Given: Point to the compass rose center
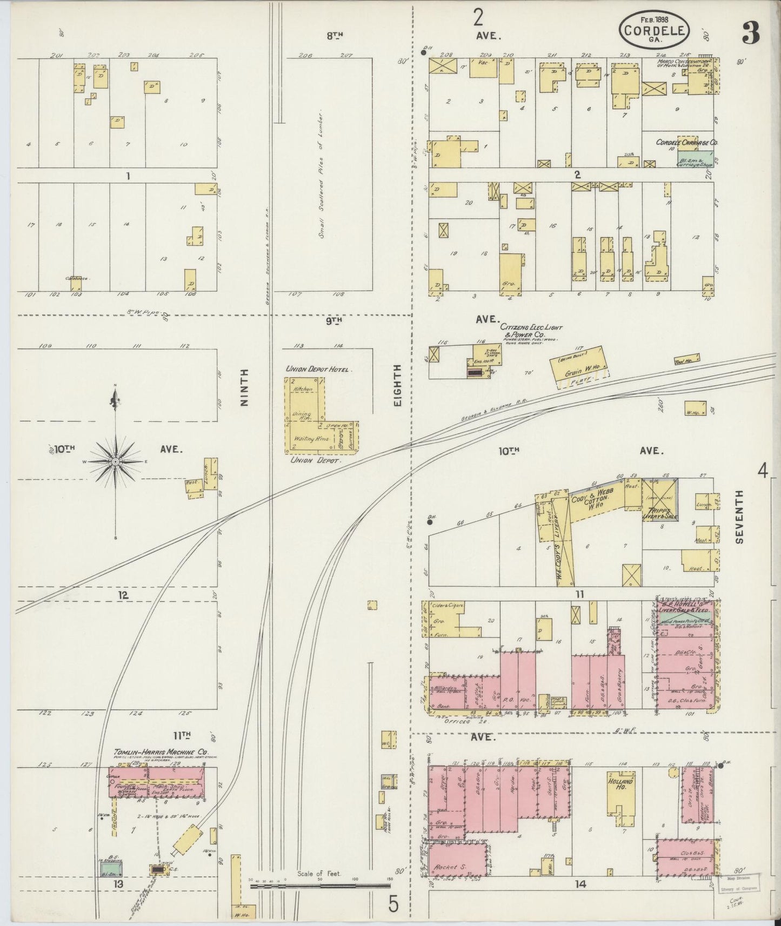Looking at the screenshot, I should pyautogui.click(x=115, y=462).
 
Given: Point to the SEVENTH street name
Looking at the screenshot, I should pyautogui.click(x=739, y=516).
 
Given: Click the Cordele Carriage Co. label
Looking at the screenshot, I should pyautogui.click(x=686, y=143).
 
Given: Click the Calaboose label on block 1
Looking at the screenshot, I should pyautogui.click(x=76, y=279).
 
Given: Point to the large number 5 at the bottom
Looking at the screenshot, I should pyautogui.click(x=393, y=903).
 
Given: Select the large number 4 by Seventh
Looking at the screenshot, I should pyautogui.click(x=762, y=472).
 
